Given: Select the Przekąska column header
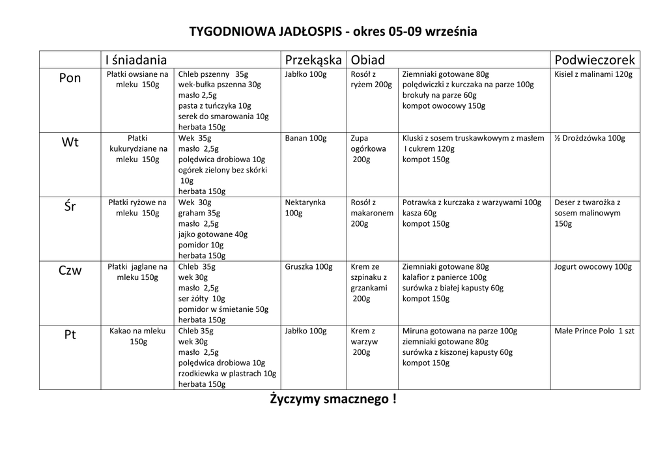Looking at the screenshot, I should coord(313,60).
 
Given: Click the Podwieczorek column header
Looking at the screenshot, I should coord(594,60).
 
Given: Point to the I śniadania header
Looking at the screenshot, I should coord(136,60).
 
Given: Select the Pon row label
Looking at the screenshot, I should coord(70,78).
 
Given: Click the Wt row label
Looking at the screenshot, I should coord(70,143).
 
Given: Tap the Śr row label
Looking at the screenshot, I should coord(70,207).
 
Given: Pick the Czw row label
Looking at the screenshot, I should coord(70,271).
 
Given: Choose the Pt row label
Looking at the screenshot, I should coord(70,335).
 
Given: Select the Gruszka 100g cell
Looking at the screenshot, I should coord(308,267).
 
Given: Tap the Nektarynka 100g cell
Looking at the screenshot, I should coord(305,208).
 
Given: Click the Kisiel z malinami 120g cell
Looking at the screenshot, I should coord(593,74).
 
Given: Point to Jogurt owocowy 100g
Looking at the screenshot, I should coord(593,267).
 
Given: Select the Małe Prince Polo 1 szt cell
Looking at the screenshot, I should coord(594,331).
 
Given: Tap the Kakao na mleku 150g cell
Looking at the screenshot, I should coord(137,336).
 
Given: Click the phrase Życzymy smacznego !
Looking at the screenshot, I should coord(333,399).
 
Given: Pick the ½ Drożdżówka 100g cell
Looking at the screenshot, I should coord(589,138).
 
